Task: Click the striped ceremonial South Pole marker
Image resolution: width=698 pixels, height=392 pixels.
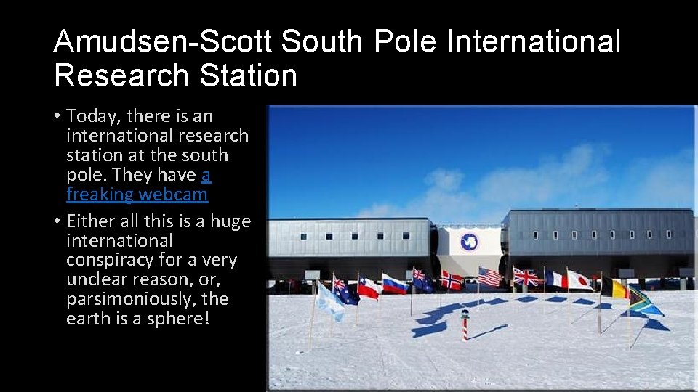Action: tap(465, 324)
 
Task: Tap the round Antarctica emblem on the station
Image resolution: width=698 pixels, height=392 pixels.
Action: tap(468, 242)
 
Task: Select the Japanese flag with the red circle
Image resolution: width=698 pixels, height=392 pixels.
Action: tap(580, 279)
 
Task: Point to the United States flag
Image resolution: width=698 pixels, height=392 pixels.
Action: tap(489, 277)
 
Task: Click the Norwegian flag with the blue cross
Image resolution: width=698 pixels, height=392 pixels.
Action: tap(451, 280)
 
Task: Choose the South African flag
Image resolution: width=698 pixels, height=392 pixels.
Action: tap(644, 301)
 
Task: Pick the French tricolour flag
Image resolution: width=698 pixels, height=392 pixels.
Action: tap(556, 279)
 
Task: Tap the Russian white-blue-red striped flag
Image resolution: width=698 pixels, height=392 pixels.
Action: tap(395, 285)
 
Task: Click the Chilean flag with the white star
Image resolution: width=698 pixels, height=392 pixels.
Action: tap(369, 288)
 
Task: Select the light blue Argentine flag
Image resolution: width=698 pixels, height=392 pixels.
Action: tap(329, 301)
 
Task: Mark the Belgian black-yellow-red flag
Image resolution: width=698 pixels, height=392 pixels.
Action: tap(614, 288)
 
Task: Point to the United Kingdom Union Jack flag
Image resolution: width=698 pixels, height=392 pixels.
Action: tap(525, 277)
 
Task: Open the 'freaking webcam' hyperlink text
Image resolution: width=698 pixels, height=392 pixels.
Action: tap(137, 195)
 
